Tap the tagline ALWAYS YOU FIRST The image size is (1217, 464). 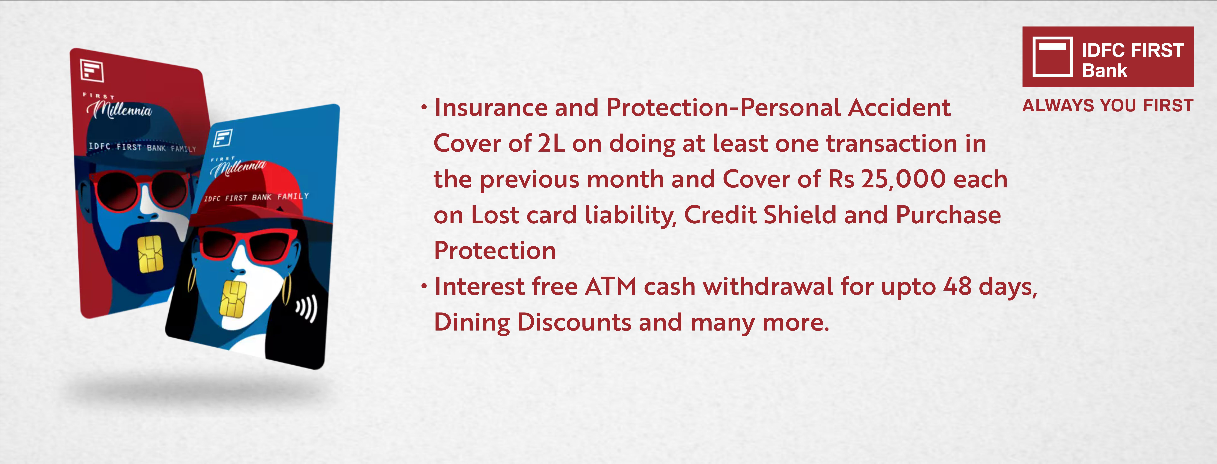tap(1108, 105)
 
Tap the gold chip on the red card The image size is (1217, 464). tap(150, 254)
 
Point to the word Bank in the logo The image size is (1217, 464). tap(1104, 71)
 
